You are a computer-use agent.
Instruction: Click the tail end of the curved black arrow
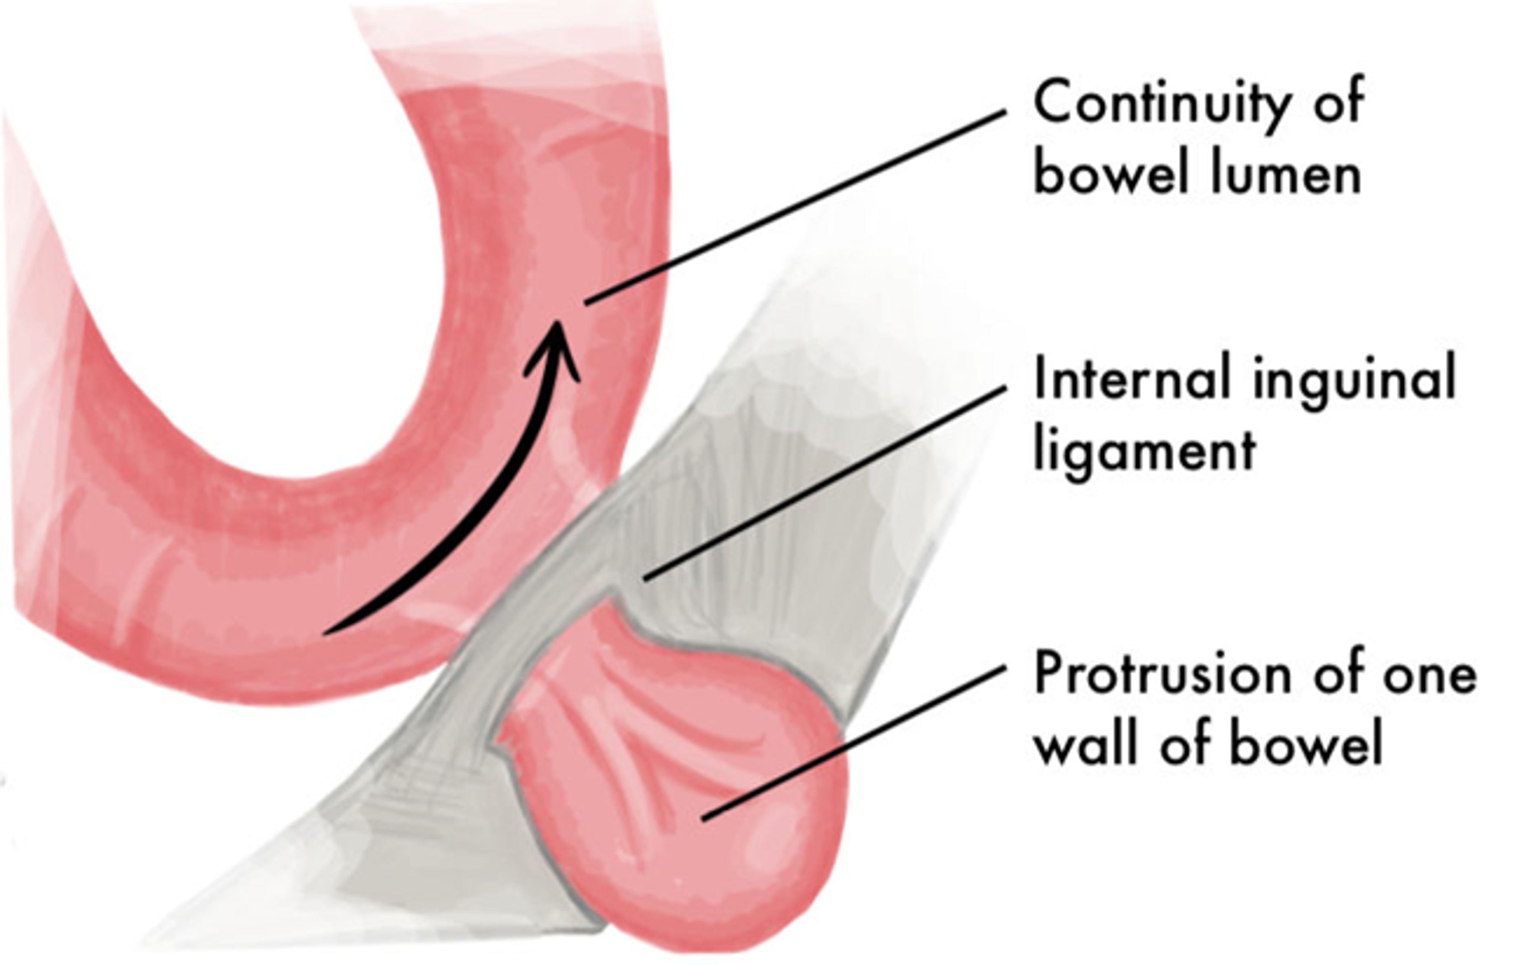point(329,631)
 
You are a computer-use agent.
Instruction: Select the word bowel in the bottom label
point(1307,744)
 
